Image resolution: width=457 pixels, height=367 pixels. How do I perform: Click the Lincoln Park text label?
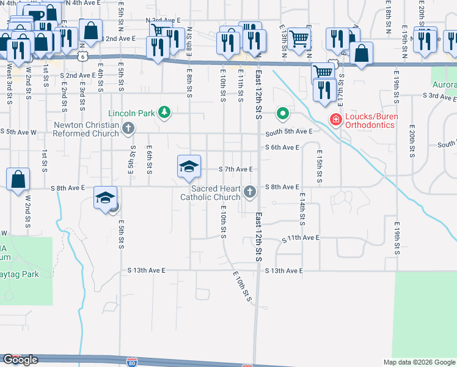pyautogui.click(x=131, y=113)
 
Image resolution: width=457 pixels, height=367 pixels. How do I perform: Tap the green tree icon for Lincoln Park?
pyautogui.click(x=164, y=113)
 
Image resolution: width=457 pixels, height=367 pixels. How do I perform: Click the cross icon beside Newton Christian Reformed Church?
pyautogui.click(x=128, y=128)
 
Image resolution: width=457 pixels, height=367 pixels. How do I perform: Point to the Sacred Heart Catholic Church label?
pyautogui.click(x=210, y=193)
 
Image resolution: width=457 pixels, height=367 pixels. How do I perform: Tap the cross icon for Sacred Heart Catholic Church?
pyautogui.click(x=249, y=192)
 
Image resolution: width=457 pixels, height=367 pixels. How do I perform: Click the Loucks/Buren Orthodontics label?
pyautogui.click(x=375, y=120)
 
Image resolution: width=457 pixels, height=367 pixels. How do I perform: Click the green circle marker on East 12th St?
pyautogui.click(x=282, y=113)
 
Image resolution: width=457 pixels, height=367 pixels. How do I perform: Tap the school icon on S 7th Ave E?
pyautogui.click(x=189, y=166)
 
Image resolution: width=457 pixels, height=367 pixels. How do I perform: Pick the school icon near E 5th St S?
pyautogui.click(x=105, y=198)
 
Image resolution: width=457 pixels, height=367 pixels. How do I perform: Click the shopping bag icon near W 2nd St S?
pyautogui.click(x=18, y=179)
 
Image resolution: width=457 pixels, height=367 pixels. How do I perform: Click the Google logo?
pyautogui.click(x=20, y=360)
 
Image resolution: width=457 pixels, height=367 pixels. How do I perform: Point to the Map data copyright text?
pyautogui.click(x=419, y=362)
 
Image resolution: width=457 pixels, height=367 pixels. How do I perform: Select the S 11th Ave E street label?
pyautogui.click(x=301, y=237)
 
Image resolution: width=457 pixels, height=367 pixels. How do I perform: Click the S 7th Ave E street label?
pyautogui.click(x=236, y=169)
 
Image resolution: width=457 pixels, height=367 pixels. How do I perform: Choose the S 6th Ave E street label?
pyautogui.click(x=282, y=147)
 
